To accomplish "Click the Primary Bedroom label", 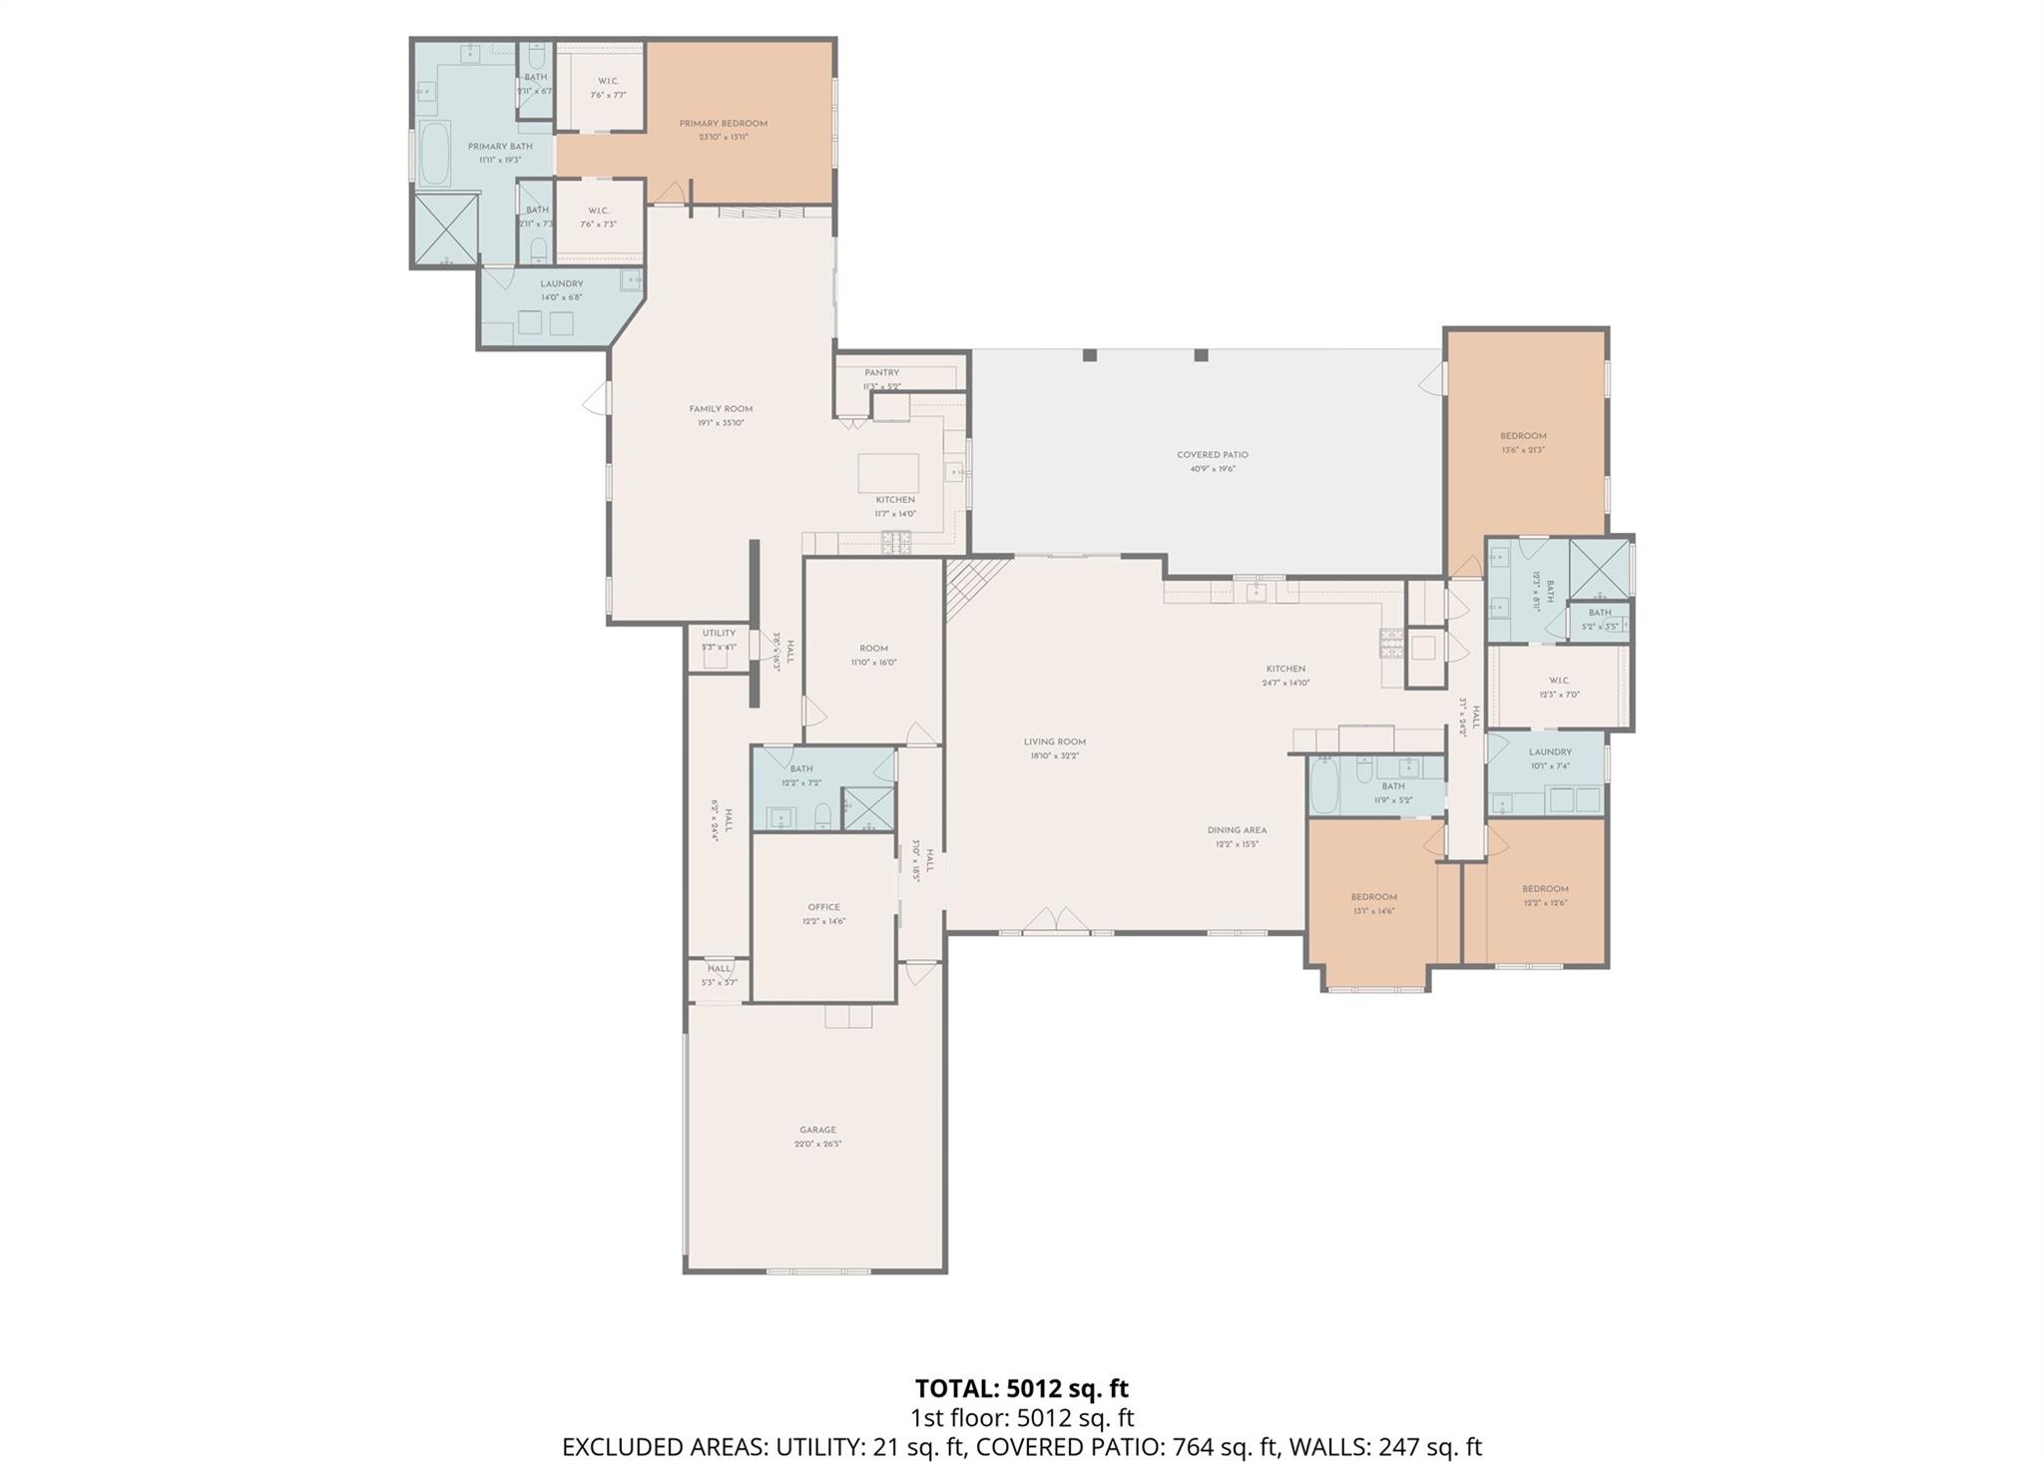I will point(723,124).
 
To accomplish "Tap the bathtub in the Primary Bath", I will point(435,154).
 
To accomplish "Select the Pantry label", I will point(881,373).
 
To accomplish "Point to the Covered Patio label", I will point(1212,455).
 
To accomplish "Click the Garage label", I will point(817,1130).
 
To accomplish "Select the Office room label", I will point(823,907).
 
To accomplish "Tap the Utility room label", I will point(719,633).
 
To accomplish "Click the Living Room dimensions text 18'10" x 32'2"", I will point(1054,755).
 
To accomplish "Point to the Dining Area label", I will point(1237,830).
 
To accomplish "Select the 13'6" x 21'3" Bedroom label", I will point(1523,436).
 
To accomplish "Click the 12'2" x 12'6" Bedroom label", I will point(1545,889).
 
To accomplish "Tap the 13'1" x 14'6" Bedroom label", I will point(1373,897).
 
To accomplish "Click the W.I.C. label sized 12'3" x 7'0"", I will point(1559,681).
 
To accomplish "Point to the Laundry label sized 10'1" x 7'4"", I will point(1550,752).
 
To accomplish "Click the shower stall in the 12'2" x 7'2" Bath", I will point(867,809).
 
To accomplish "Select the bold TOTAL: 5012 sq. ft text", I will point(1021,1388).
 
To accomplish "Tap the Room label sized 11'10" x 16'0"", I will point(873,649).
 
